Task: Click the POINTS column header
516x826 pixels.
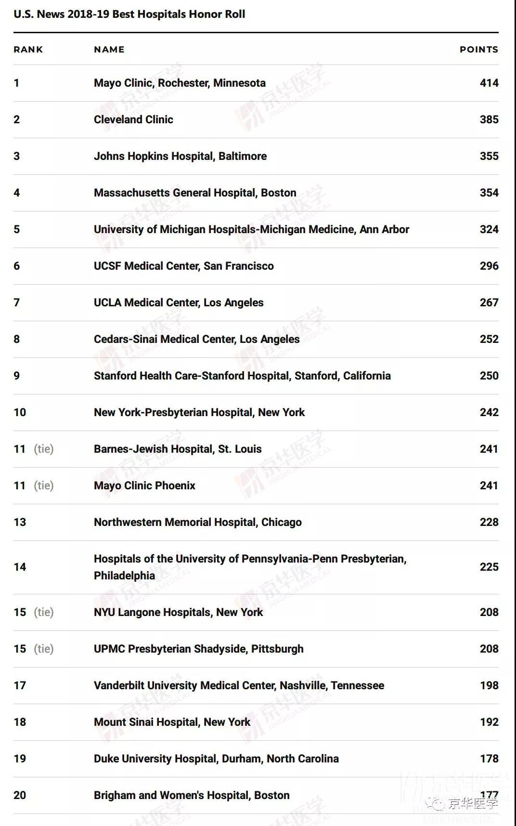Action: (478, 50)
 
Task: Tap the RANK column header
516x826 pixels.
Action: (28, 50)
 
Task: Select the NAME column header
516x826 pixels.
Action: (109, 50)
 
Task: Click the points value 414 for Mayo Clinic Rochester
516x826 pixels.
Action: (489, 83)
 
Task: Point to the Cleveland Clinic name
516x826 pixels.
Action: (133, 119)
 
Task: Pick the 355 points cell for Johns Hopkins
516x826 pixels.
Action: (489, 156)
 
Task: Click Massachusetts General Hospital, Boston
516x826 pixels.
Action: (195, 193)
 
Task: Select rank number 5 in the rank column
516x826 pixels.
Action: (17, 229)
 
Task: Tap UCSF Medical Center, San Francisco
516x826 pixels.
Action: (183, 266)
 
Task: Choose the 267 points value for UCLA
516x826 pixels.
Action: (489, 302)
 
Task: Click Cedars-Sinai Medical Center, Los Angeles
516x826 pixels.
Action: (196, 339)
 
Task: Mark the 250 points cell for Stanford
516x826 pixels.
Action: (489, 376)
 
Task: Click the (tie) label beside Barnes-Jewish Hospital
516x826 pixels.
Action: (44, 449)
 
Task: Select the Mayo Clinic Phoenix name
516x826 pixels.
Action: (144, 485)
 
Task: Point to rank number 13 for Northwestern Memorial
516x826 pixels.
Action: (20, 522)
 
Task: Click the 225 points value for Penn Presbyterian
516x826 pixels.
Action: (489, 567)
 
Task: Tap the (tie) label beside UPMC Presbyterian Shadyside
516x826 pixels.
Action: (44, 649)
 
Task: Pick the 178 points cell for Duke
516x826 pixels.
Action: (489, 759)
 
